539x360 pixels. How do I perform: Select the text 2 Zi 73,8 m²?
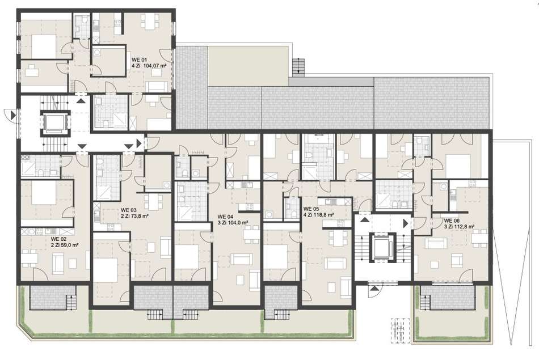click(x=135, y=217)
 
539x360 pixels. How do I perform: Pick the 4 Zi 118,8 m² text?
click(x=319, y=215)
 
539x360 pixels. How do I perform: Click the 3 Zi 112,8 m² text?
click(x=460, y=227)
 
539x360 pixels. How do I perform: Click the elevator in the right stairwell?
click(x=382, y=247)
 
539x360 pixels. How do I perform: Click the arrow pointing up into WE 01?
click(x=81, y=101)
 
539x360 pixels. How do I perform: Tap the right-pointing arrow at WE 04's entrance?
click(x=139, y=143)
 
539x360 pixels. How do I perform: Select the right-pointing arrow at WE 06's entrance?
click(x=406, y=223)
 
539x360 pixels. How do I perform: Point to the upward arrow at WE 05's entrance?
click(x=365, y=219)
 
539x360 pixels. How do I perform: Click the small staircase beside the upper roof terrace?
click(x=298, y=66)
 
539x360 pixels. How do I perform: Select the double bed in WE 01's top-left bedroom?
click(x=44, y=46)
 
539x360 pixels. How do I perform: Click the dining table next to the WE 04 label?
click(x=251, y=235)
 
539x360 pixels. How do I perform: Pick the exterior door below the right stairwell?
click(x=374, y=289)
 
